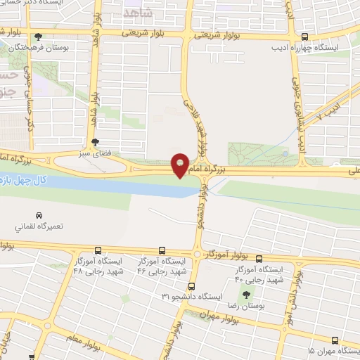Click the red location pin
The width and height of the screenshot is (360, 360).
coord(180,165)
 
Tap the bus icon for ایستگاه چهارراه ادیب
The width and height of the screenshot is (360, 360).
coord(304,38)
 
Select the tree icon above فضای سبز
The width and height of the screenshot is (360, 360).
coord(105,141)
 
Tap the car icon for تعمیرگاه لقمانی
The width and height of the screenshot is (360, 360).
coord(38,215)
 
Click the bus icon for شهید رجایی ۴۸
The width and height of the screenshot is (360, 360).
coord(98,250)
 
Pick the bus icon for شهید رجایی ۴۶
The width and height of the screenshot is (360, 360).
coord(162,250)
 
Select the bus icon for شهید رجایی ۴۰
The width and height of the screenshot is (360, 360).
coord(259,258)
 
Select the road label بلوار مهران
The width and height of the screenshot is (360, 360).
coord(221,318)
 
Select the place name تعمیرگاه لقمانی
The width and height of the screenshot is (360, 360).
coord(38,228)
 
